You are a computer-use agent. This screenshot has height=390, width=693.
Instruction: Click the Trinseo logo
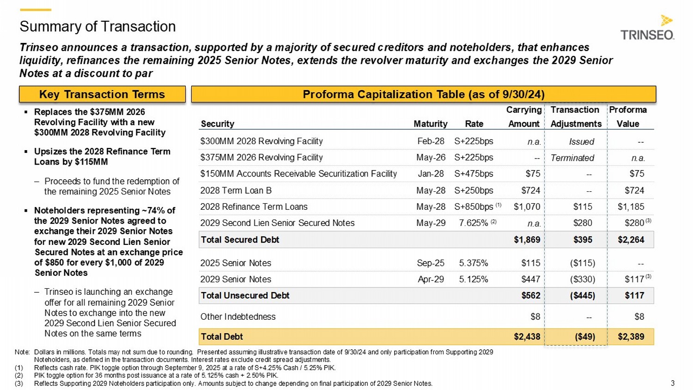647,29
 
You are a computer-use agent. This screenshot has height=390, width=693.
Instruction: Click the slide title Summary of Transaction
97,26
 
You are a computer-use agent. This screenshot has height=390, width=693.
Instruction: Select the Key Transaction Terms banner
102,94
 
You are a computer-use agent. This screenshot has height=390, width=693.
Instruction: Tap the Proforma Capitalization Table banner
423,94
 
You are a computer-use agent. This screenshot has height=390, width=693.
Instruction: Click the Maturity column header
430,124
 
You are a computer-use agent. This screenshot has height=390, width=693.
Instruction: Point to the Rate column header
474,124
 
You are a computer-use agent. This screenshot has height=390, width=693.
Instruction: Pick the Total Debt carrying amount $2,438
527,337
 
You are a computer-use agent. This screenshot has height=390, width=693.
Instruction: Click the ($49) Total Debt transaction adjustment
584,337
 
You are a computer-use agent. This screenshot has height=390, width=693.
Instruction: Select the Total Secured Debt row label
240,240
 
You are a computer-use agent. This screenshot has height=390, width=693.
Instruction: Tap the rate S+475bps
474,174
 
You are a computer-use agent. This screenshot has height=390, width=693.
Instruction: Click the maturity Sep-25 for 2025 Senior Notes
431,263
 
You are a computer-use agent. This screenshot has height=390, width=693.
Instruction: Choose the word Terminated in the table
572,158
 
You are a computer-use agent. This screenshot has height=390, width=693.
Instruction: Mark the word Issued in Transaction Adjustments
581,142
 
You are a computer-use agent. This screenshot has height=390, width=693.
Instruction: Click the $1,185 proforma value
631,207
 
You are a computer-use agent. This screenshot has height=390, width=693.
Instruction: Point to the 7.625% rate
474,223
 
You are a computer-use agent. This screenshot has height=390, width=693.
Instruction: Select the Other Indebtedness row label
237,317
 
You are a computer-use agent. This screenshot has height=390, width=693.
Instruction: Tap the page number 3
673,383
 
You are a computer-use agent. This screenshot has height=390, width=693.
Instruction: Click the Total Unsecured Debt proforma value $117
634,296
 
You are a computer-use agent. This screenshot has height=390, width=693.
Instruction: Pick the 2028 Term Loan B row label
236,190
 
